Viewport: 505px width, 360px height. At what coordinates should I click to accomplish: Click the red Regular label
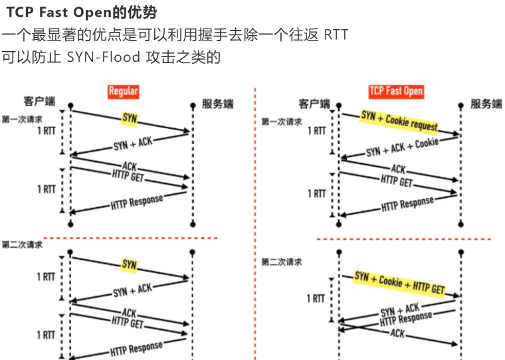(x=123, y=92)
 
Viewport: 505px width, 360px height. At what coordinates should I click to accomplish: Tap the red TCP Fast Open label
(x=396, y=92)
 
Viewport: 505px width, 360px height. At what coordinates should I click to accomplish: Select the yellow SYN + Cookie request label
(x=399, y=121)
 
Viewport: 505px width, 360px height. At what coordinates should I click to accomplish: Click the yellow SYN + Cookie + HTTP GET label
(x=399, y=283)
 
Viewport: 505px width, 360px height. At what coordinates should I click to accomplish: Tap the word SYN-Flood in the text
(x=104, y=57)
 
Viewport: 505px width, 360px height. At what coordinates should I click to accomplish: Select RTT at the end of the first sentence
(x=336, y=35)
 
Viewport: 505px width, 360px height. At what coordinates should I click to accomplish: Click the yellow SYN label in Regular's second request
(x=129, y=265)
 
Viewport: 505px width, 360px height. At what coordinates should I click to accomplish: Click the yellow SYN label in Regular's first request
(x=129, y=119)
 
